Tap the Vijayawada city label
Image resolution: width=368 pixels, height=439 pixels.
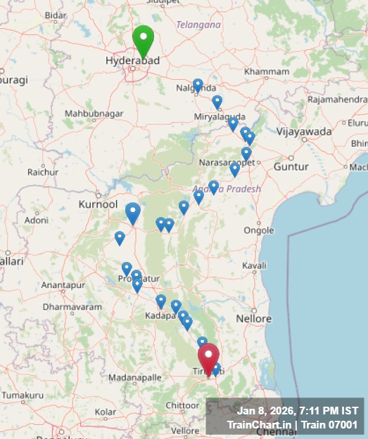tap(304, 131)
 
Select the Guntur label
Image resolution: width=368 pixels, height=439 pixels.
tap(291, 167)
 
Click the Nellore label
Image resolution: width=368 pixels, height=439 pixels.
tap(253, 319)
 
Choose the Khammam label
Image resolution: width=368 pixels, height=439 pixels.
tap(266, 72)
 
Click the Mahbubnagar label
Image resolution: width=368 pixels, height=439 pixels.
tap(89, 113)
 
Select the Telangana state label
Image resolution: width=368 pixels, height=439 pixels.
tap(198, 25)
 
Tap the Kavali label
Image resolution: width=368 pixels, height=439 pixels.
tap(254, 266)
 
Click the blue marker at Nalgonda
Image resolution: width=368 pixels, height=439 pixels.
tap(198, 86)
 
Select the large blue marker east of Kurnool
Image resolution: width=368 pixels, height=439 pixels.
tap(133, 212)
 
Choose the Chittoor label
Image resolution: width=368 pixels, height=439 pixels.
tap(182, 405)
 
